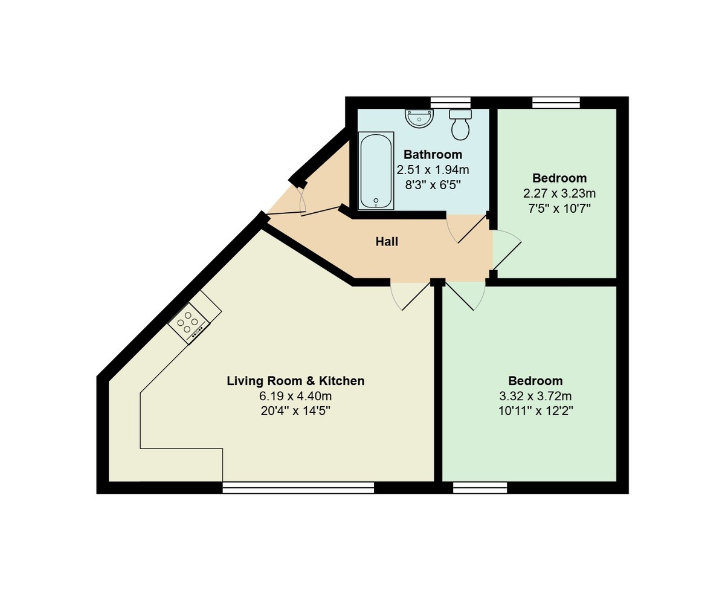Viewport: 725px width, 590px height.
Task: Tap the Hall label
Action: (x=387, y=242)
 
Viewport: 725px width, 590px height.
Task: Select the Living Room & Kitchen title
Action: (x=295, y=381)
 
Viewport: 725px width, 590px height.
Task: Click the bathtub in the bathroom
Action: (x=376, y=170)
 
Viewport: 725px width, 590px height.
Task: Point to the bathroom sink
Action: (x=419, y=118)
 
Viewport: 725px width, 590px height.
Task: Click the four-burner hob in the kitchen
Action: (x=188, y=323)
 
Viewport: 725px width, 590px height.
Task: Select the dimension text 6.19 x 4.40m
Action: (x=295, y=397)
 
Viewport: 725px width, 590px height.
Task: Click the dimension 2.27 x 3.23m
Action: (x=559, y=194)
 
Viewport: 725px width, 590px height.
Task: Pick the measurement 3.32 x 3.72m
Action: (x=535, y=397)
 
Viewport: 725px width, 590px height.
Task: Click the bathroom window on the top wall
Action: (x=450, y=102)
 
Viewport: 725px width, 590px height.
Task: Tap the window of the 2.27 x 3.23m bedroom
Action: (x=556, y=102)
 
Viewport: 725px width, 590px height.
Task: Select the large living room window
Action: (x=298, y=488)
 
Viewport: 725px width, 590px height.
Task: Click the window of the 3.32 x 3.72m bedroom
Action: (x=480, y=488)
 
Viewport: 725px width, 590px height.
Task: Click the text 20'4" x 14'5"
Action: (x=295, y=412)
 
